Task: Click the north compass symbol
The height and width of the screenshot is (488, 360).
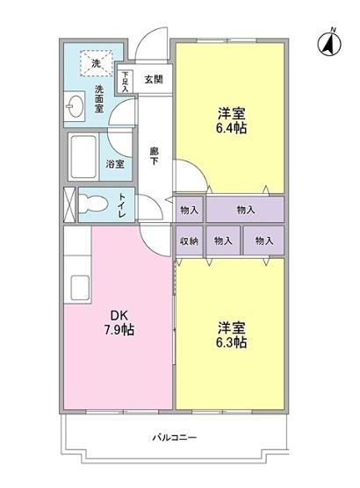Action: point(329,43)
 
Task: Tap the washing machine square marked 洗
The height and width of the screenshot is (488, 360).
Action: point(96,63)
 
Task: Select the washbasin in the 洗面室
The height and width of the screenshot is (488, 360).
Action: point(74,106)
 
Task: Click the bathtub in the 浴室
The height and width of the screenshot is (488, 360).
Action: point(83,156)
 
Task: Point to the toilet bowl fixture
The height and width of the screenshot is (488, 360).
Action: point(93,205)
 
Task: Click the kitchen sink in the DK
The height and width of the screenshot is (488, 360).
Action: point(81,288)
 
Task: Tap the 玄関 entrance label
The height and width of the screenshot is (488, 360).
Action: point(154,79)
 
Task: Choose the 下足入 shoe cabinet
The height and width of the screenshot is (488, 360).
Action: point(125,82)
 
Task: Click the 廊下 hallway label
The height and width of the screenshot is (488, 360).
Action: point(155,156)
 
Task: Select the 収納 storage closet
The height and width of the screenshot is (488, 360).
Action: point(190,240)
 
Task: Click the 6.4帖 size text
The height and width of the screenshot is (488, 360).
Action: point(232,127)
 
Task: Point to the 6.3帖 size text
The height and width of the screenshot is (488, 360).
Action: point(232,342)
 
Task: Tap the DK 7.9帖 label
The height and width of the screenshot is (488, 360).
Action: point(119,323)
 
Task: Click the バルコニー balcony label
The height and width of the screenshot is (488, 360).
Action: point(175,438)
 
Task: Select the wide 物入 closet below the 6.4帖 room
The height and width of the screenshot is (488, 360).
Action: point(245,209)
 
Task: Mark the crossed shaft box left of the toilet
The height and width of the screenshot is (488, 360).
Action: point(69,205)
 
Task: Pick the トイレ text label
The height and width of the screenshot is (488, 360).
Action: point(122,205)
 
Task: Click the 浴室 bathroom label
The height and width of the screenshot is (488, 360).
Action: point(115,164)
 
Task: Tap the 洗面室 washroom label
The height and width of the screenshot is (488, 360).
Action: point(99,98)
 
